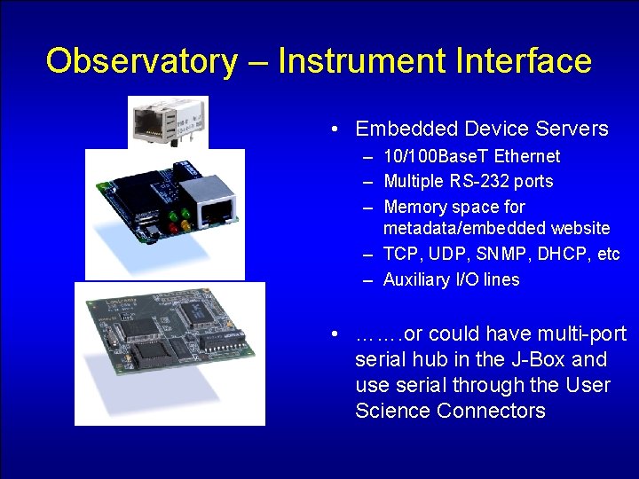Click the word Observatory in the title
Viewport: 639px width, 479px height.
(x=141, y=61)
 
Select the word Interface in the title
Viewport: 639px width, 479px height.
(x=524, y=61)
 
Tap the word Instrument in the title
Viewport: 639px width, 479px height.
(x=362, y=61)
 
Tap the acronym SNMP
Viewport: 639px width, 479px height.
(x=505, y=255)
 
